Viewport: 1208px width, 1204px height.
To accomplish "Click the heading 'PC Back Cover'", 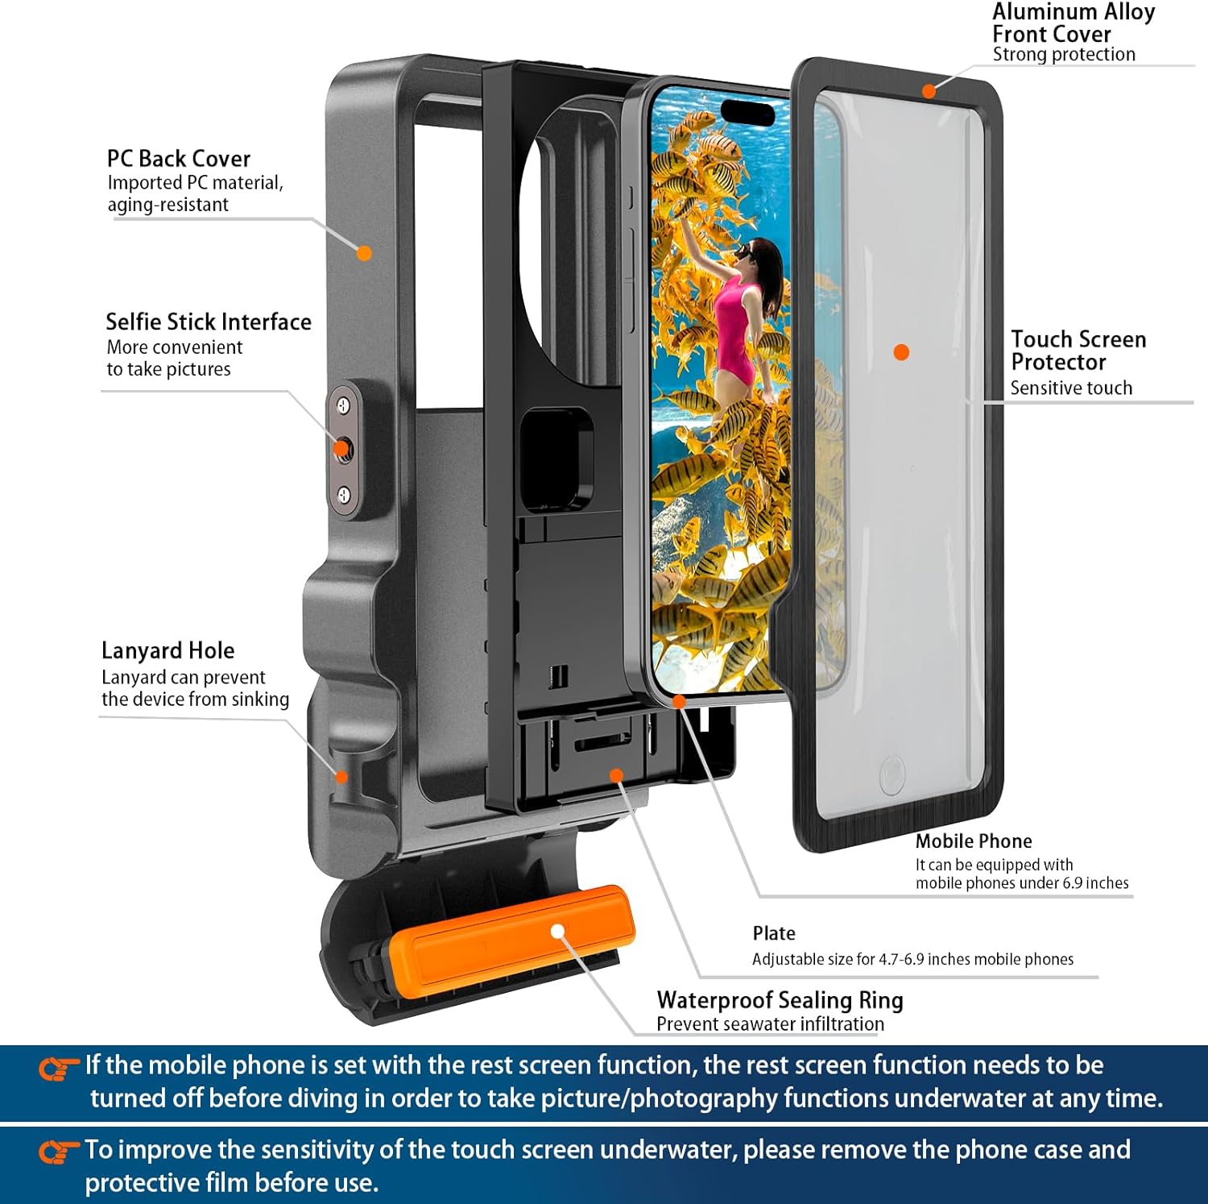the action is (x=178, y=159).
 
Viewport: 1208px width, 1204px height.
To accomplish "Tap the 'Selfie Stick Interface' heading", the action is (x=208, y=322).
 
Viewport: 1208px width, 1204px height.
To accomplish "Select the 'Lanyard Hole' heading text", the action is (x=168, y=650).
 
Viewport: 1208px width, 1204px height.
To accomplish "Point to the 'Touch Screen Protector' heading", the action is (x=1078, y=351).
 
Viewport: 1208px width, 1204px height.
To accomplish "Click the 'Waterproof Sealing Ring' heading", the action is (x=780, y=1000).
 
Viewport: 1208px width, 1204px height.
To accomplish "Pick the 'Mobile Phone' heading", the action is (x=973, y=841).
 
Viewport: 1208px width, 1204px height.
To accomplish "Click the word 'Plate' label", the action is (x=773, y=933).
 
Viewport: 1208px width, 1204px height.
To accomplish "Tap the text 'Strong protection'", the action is (x=1063, y=55).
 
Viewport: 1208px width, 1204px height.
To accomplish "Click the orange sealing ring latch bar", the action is (x=511, y=935).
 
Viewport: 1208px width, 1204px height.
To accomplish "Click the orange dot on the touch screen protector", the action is (x=901, y=352).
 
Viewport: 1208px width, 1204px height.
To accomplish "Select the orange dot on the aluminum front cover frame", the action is (x=929, y=91).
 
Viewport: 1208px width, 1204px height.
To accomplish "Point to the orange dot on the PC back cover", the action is (x=364, y=253).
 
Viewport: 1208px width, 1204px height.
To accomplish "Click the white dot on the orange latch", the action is (x=557, y=932).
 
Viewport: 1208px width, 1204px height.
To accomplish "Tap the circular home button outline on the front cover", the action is (x=892, y=774).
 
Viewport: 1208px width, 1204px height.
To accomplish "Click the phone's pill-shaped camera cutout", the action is (x=747, y=111).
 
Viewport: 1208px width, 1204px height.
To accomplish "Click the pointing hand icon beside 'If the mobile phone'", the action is (x=58, y=1069).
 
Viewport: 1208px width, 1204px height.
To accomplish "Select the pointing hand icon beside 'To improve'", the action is (x=58, y=1152).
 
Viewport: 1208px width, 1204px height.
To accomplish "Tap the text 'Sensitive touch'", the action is (x=1070, y=388).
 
